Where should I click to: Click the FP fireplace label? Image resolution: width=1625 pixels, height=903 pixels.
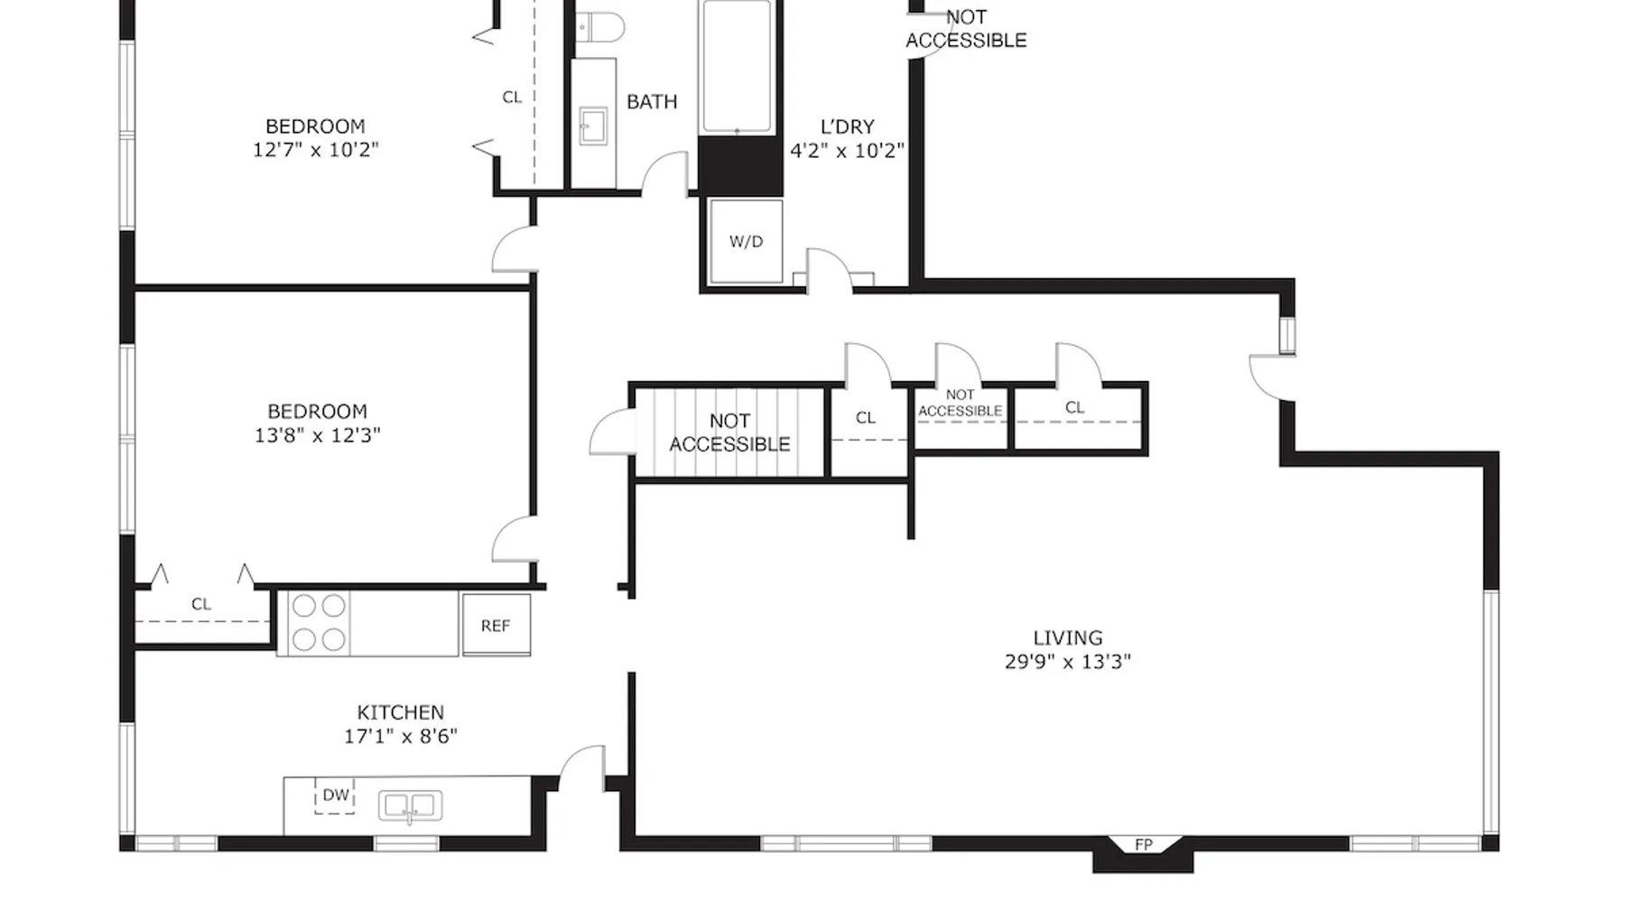click(x=1144, y=845)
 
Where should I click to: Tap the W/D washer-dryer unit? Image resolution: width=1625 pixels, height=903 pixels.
click(x=746, y=241)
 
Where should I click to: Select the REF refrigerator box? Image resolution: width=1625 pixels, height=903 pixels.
click(x=496, y=624)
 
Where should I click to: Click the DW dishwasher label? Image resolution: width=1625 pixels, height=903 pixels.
click(x=336, y=796)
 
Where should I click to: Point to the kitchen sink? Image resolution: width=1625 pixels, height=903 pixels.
click(x=410, y=805)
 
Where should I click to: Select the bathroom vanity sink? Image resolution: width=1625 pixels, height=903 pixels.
click(x=593, y=126)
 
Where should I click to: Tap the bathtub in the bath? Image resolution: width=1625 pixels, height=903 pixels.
click(x=737, y=67)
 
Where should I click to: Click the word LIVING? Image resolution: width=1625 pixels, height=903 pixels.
click(x=1068, y=638)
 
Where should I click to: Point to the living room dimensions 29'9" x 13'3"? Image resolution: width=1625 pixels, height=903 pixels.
click(x=1068, y=662)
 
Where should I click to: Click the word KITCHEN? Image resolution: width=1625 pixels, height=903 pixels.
click(x=400, y=712)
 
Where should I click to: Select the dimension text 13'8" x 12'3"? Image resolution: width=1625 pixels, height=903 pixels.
click(x=317, y=435)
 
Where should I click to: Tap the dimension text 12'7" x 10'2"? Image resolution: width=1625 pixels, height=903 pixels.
click(x=315, y=150)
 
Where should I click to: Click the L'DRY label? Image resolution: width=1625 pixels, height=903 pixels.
click(x=847, y=127)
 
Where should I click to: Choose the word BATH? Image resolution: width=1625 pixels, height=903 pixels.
click(x=652, y=102)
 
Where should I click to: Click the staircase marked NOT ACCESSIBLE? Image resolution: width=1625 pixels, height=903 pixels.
click(x=729, y=433)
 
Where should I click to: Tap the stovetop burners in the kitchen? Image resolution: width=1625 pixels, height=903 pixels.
click(x=319, y=622)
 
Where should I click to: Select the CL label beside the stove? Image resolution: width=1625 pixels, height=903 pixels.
click(x=200, y=604)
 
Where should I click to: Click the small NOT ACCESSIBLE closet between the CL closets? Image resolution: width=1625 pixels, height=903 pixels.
click(x=961, y=417)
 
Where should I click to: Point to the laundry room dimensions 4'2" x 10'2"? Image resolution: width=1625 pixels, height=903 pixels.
click(x=847, y=151)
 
